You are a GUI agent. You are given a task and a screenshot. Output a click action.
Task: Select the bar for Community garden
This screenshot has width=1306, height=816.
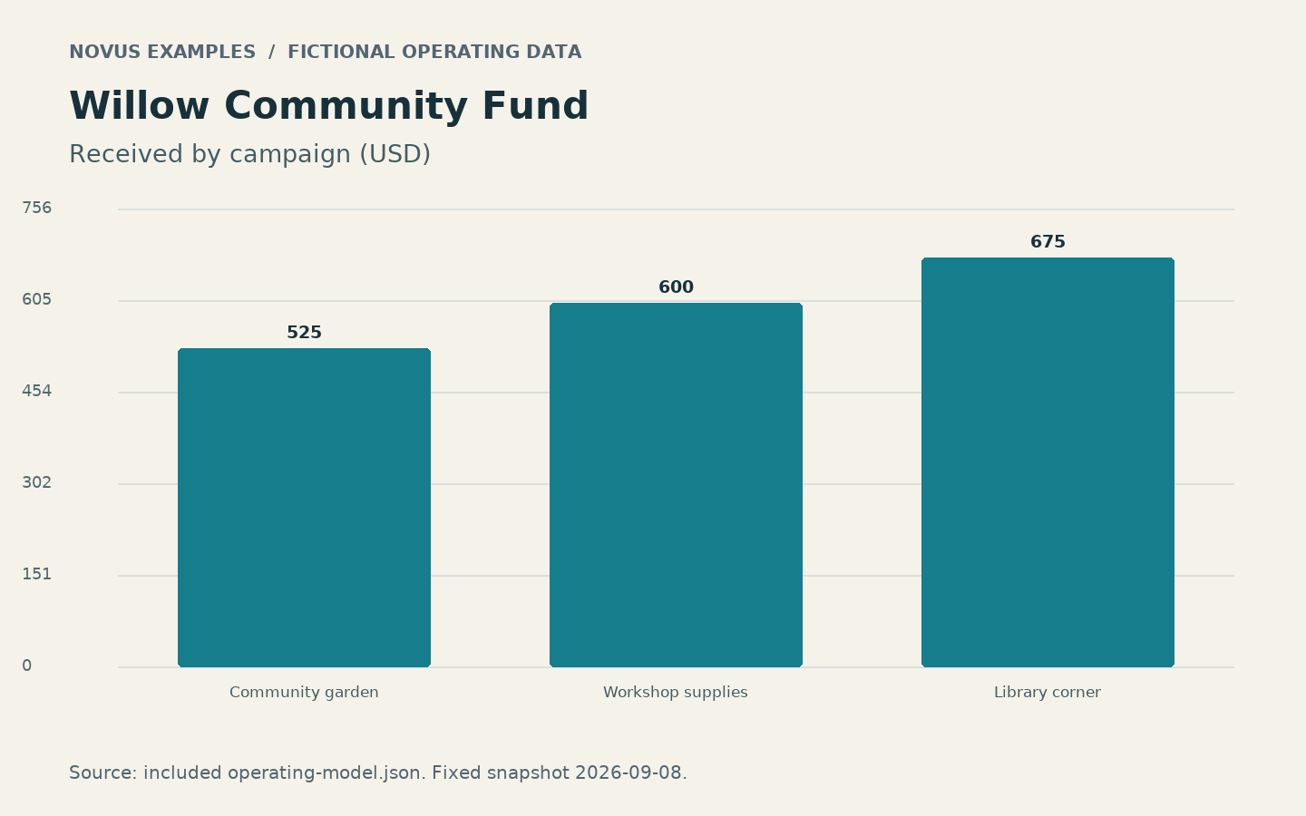tap(305, 508)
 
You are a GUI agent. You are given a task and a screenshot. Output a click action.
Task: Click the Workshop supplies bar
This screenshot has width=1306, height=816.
tap(676, 485)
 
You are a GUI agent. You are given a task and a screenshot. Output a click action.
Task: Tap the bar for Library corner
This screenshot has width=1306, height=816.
tap(1048, 462)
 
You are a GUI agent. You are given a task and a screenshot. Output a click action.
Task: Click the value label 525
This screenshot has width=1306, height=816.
tap(305, 333)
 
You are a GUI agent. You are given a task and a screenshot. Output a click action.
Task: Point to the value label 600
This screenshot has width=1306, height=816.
tap(676, 287)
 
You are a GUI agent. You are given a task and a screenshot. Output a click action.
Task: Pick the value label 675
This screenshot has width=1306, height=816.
tap(1048, 242)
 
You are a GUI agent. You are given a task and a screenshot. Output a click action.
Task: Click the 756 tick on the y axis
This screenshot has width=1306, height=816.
tap(36, 209)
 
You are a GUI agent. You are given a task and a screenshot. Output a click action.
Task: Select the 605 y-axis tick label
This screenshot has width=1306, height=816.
tap(36, 299)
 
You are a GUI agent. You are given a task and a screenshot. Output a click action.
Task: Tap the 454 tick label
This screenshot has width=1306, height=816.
tap(36, 391)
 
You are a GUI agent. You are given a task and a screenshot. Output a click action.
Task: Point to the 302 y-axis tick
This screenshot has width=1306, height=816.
tap(36, 482)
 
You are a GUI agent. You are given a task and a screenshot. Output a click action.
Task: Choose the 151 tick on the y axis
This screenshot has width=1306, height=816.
tap(36, 574)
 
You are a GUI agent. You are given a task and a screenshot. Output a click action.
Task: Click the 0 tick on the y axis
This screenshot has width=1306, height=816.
tap(27, 665)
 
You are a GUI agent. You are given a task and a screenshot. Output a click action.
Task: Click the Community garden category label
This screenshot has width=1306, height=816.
tap(304, 693)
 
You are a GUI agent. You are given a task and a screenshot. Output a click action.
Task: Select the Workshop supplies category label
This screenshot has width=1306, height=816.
tap(675, 693)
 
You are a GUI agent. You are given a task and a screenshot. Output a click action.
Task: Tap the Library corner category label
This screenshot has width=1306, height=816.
tap(1048, 693)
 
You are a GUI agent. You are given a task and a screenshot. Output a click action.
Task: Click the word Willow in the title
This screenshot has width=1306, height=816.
tap(139, 106)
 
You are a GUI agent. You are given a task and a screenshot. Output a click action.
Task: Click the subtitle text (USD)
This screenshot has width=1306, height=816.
tap(395, 154)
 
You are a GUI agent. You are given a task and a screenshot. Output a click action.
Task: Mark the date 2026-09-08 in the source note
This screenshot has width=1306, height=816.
tap(631, 772)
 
